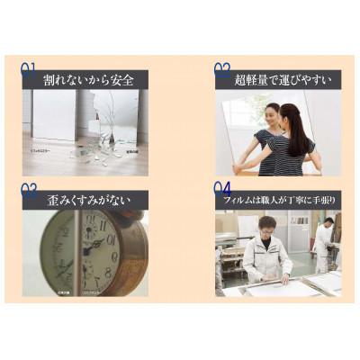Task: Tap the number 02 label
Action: click(222, 67)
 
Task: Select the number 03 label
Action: click(29, 190)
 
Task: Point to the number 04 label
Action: click(222, 190)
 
